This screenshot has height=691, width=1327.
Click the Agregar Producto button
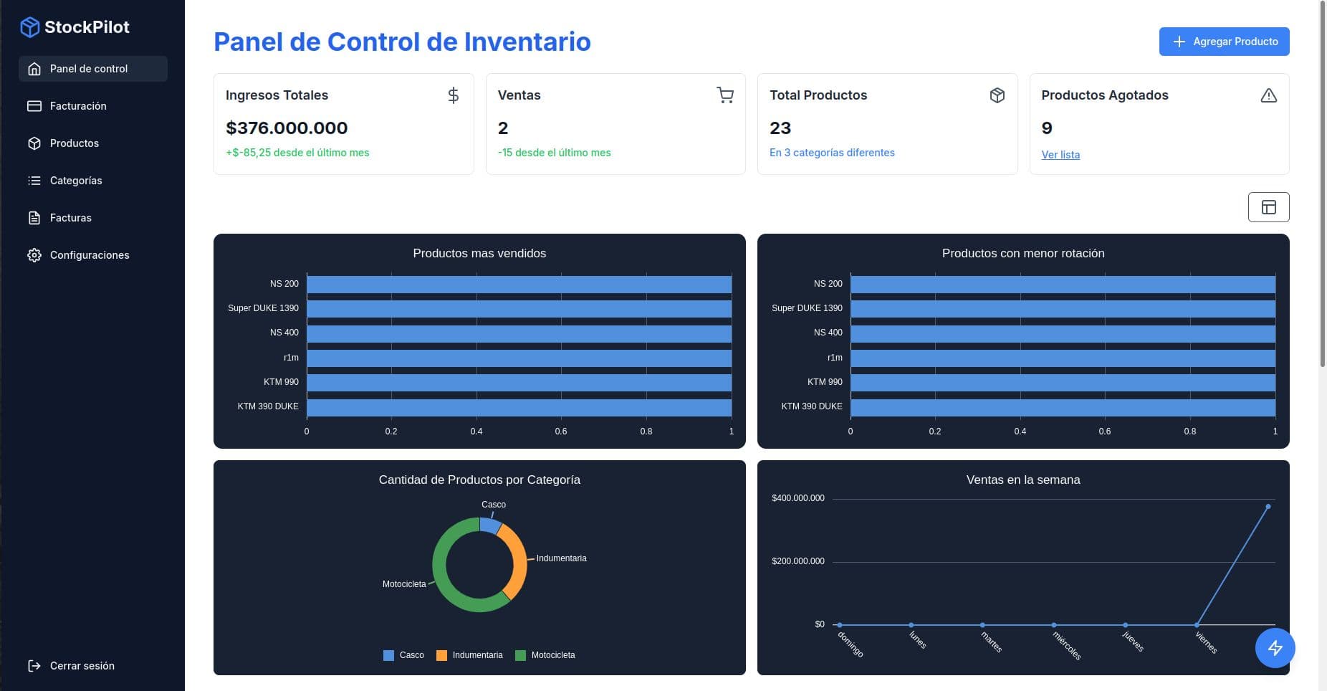point(1224,42)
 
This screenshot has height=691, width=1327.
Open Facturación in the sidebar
point(78,106)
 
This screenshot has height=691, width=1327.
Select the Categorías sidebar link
point(76,181)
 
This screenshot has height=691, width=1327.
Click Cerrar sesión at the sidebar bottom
point(82,666)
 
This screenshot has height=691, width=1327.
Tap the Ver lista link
point(1060,155)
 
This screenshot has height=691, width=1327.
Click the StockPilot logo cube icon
point(29,27)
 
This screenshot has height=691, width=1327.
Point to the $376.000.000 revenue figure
point(287,128)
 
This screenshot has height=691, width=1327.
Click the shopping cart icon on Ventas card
point(725,95)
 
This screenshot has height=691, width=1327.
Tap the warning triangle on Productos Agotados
point(1268,95)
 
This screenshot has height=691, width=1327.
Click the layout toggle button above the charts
point(1268,207)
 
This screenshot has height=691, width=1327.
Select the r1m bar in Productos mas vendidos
point(519,358)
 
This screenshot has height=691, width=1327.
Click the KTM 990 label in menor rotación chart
point(825,382)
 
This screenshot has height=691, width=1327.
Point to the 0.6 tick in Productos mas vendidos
point(561,432)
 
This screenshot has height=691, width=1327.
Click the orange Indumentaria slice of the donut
point(518,559)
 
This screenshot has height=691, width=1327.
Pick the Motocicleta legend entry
point(552,655)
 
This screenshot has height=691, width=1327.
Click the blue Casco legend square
point(388,655)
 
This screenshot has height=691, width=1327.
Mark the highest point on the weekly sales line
point(1268,507)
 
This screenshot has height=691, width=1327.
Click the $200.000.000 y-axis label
point(797,561)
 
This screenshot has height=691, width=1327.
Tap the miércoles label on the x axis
point(1066,644)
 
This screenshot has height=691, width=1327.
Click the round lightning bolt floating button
point(1275,648)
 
